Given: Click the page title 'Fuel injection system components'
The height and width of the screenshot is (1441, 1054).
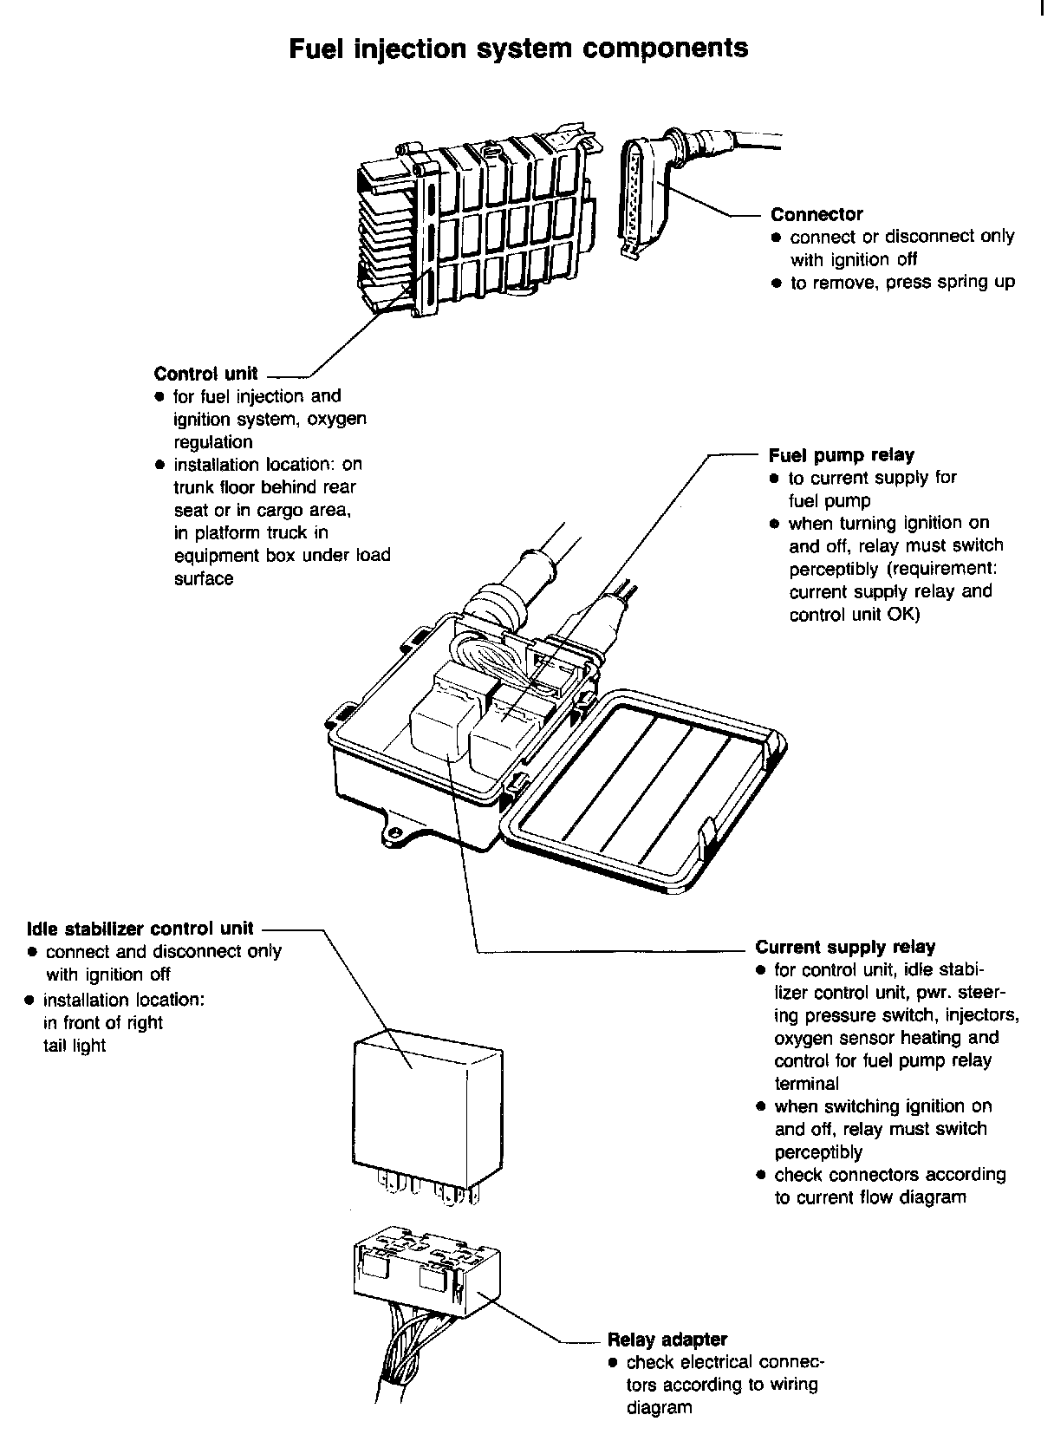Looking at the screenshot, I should click(x=517, y=48).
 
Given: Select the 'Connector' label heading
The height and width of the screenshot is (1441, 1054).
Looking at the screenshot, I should click(x=817, y=214).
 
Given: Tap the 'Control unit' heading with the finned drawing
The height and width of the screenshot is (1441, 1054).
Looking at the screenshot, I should click(x=205, y=374).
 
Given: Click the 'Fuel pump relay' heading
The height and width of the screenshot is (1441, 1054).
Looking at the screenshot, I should click(x=841, y=455).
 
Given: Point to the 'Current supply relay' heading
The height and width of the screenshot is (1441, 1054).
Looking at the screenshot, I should click(x=845, y=947).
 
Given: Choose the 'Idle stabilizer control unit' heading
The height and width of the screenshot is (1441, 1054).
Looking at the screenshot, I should click(x=140, y=929).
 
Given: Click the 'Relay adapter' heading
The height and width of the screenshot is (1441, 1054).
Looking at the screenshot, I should click(x=667, y=1340).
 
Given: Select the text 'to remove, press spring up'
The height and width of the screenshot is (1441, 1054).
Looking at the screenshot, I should click(x=901, y=283).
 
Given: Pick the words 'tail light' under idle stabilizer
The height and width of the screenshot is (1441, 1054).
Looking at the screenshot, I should click(x=75, y=1046).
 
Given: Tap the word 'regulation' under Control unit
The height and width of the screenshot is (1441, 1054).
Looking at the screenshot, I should click(x=213, y=442).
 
